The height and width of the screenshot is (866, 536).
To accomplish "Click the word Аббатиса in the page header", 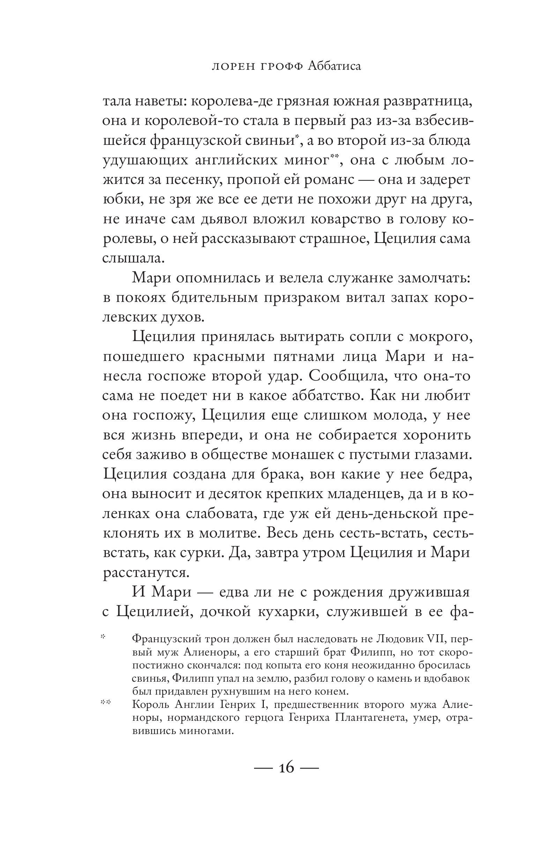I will [334, 66].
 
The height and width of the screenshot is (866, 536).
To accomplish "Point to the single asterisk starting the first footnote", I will [104, 637].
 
